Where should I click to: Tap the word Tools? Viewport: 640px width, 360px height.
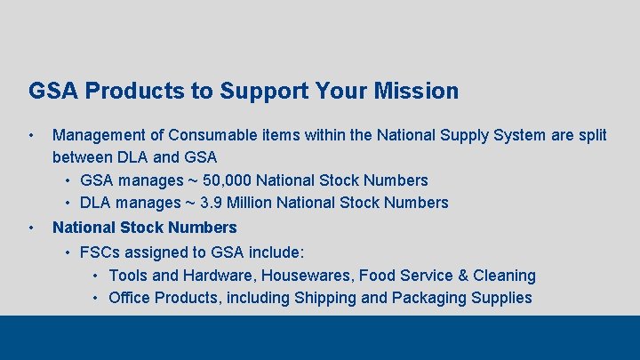click(129, 276)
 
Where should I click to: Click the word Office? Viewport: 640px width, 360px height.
click(130, 298)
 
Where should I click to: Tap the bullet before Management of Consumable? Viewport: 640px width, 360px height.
click(31, 136)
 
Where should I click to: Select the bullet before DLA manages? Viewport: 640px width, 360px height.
click(68, 203)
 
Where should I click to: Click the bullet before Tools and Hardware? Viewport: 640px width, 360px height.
click(96, 276)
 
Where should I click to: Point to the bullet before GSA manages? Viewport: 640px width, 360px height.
click(68, 180)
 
